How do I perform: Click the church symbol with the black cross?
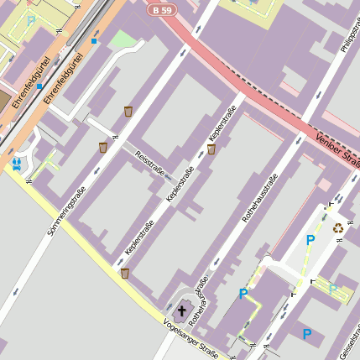(x=182, y=309)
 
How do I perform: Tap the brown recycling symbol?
(x=337, y=227)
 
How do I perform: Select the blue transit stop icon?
(x=17, y=163)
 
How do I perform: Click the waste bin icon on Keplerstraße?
(x=211, y=149)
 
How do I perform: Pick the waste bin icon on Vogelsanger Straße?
(x=125, y=273)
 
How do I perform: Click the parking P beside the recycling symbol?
(x=310, y=241)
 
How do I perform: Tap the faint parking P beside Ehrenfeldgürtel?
(x=31, y=20)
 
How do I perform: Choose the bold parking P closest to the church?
(x=243, y=294)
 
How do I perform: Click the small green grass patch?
(x=122, y=39)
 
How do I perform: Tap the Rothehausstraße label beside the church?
(x=198, y=300)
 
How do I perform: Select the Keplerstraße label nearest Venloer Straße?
(x=220, y=123)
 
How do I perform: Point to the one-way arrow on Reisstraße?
(x=168, y=176)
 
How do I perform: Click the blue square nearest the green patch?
(x=94, y=40)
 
